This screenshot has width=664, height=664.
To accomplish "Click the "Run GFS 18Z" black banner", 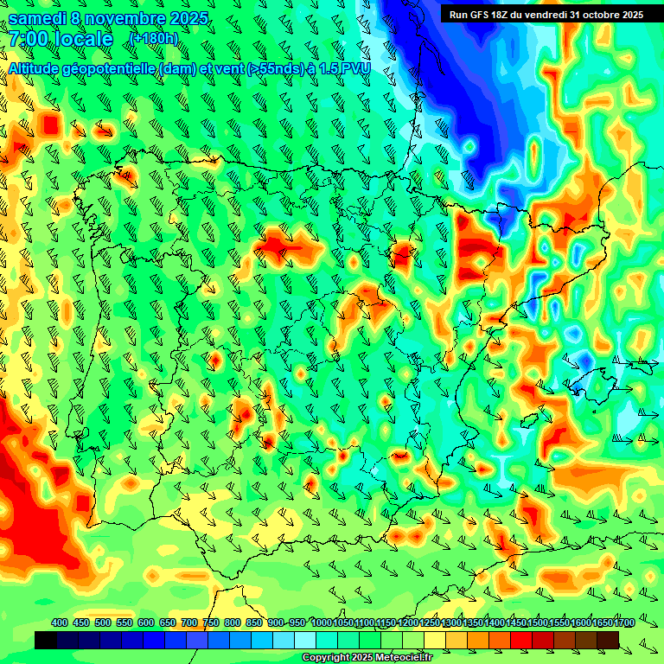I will (x=546, y=15).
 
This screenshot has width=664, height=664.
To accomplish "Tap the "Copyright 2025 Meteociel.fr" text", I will (x=367, y=658).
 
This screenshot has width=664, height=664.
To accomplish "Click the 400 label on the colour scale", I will (x=60, y=623).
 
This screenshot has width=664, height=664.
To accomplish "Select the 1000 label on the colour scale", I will (x=321, y=623).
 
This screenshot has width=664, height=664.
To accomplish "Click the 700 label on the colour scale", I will (x=189, y=623).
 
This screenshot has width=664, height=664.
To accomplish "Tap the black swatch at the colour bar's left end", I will (x=46, y=640).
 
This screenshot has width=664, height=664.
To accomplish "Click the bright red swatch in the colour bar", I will (x=521, y=640).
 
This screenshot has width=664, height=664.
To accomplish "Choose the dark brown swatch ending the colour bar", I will (x=608, y=640).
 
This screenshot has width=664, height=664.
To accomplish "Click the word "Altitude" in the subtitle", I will (x=35, y=69).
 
